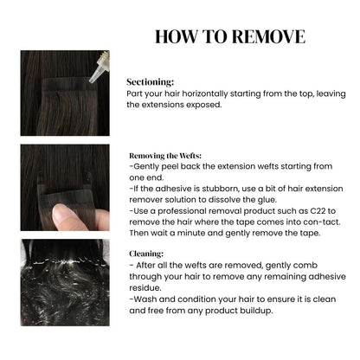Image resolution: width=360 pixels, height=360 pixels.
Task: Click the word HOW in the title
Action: click(177, 36)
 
